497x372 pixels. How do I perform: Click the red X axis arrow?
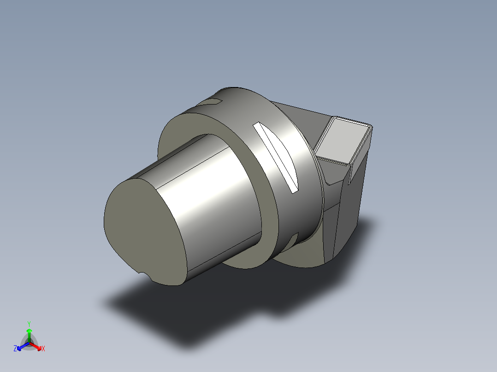tap(35, 346)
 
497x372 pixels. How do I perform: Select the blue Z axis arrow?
tap(23, 346)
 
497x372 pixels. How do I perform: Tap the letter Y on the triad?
tap(29, 324)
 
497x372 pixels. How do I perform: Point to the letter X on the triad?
tap(43, 349)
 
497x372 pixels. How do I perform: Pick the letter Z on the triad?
tap(15, 349)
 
